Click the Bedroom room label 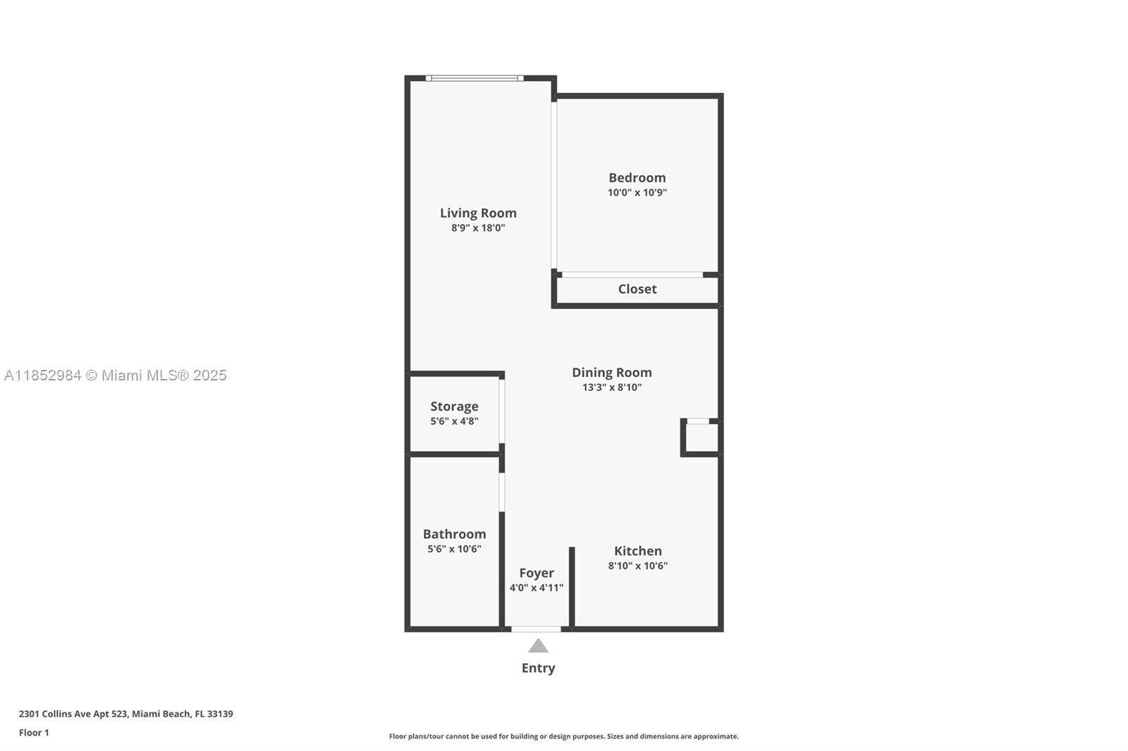point(637,178)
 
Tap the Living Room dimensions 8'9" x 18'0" point(478,228)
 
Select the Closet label point(637,289)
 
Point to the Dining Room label point(611,372)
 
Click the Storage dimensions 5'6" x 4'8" point(454,421)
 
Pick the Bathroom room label point(454,534)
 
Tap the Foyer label point(537,573)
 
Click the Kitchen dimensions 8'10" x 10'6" point(637,566)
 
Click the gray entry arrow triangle point(538,646)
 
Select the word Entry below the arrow point(538,668)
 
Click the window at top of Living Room point(474,78)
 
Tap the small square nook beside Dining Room point(701,437)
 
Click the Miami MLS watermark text point(116,375)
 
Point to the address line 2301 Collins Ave point(125,714)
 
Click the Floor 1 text point(34,733)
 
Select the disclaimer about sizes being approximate point(564,736)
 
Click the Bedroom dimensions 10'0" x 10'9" point(637,192)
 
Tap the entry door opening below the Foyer point(536,628)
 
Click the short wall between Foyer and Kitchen point(572,586)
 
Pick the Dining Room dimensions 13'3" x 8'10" point(611,387)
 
